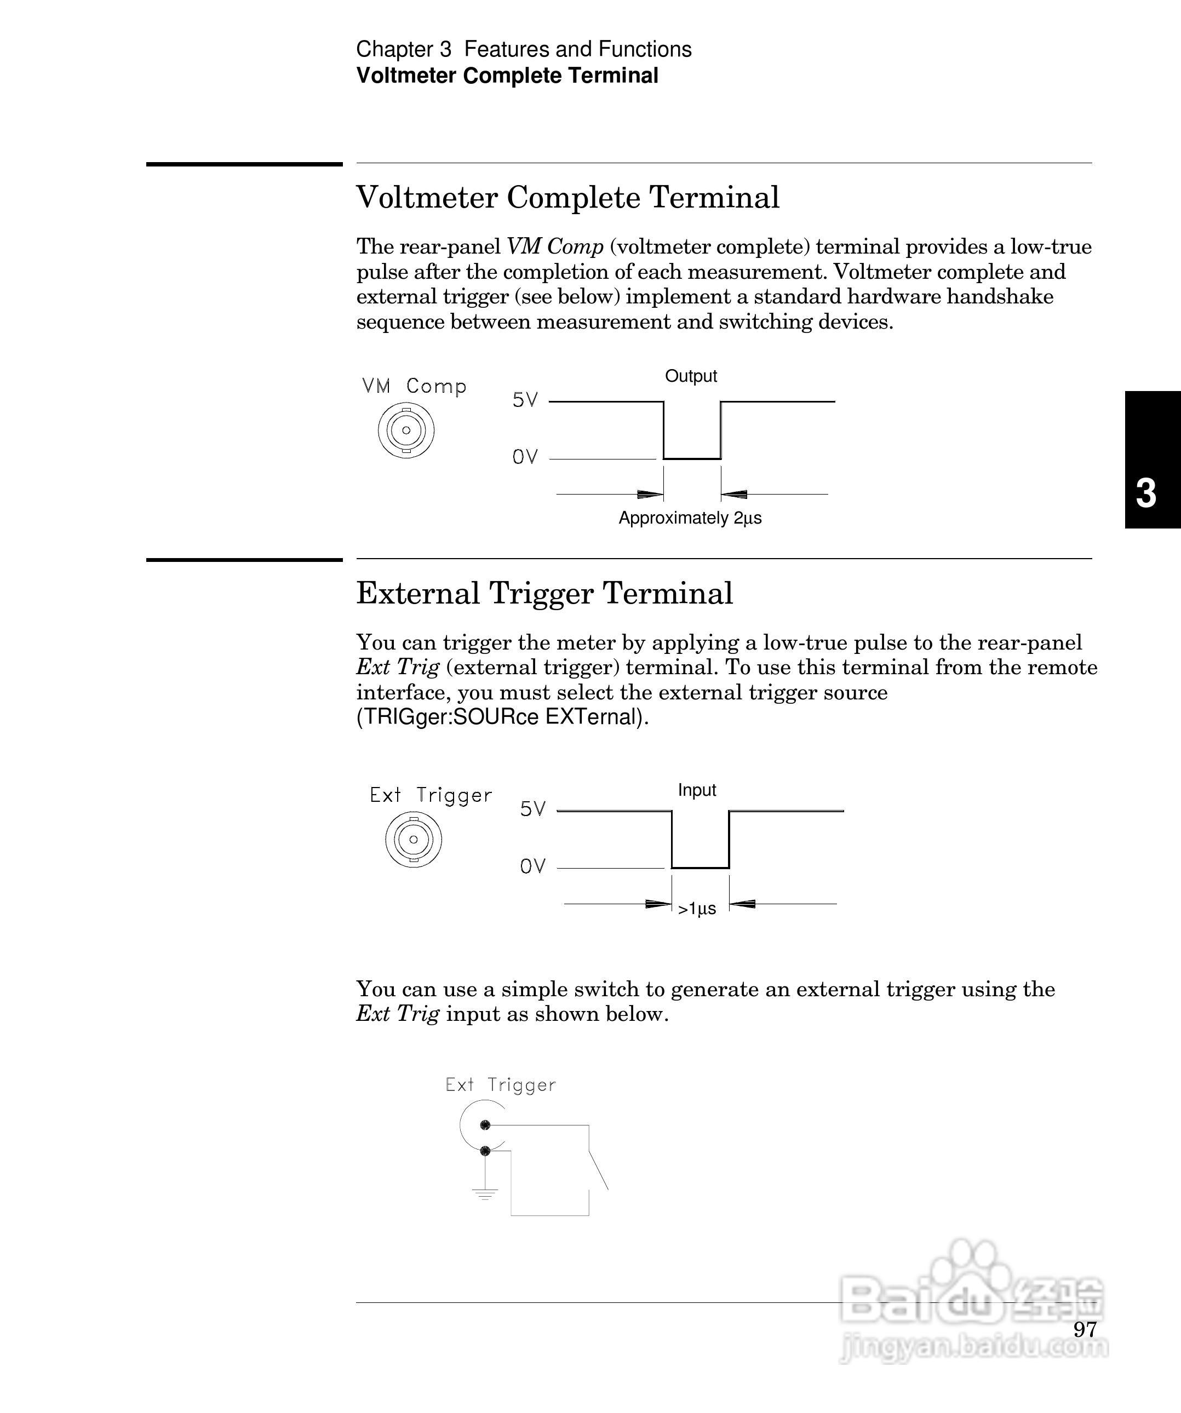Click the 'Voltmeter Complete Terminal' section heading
tap(567, 198)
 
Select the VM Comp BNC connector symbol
tap(406, 430)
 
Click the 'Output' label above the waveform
tap(690, 376)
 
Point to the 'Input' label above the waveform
tap(696, 790)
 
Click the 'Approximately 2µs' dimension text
tap(690, 518)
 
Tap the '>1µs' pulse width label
tap(696, 910)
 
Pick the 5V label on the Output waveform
tap(525, 400)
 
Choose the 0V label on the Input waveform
tap(532, 866)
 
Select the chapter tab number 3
tap(1145, 494)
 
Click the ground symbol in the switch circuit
tap(485, 1195)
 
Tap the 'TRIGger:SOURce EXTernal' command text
tap(502, 718)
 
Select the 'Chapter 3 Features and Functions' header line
tap(524, 49)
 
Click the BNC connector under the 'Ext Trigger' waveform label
tap(413, 839)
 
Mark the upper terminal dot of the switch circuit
tap(485, 1125)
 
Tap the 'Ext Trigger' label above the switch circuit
tap(501, 1084)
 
